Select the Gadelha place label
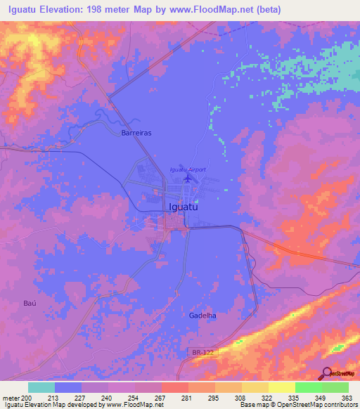pyautogui.click(x=202, y=316)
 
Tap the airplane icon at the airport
pyautogui.click(x=187, y=178)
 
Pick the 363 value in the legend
pyautogui.click(x=347, y=397)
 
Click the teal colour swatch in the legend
pyautogui.click(x=41, y=387)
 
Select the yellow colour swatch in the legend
pyautogui.click(x=281, y=387)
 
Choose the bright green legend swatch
pyautogui.click(x=308, y=387)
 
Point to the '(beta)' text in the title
pyautogui.click(x=268, y=9)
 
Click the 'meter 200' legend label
pyautogui.click(x=15, y=397)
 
